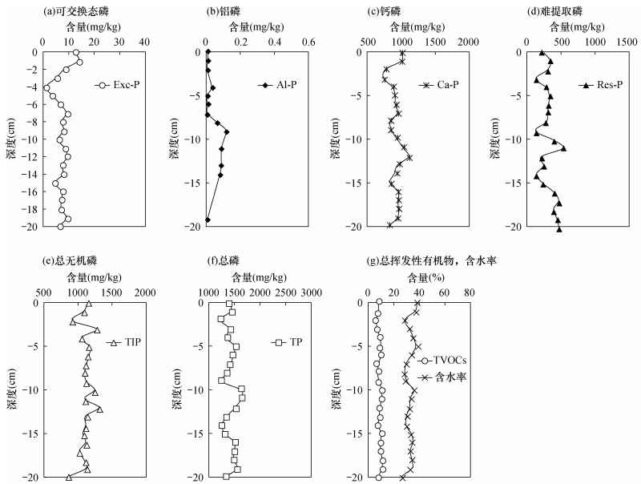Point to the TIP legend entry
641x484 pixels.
[123, 342]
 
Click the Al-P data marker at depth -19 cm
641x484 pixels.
[208, 220]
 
